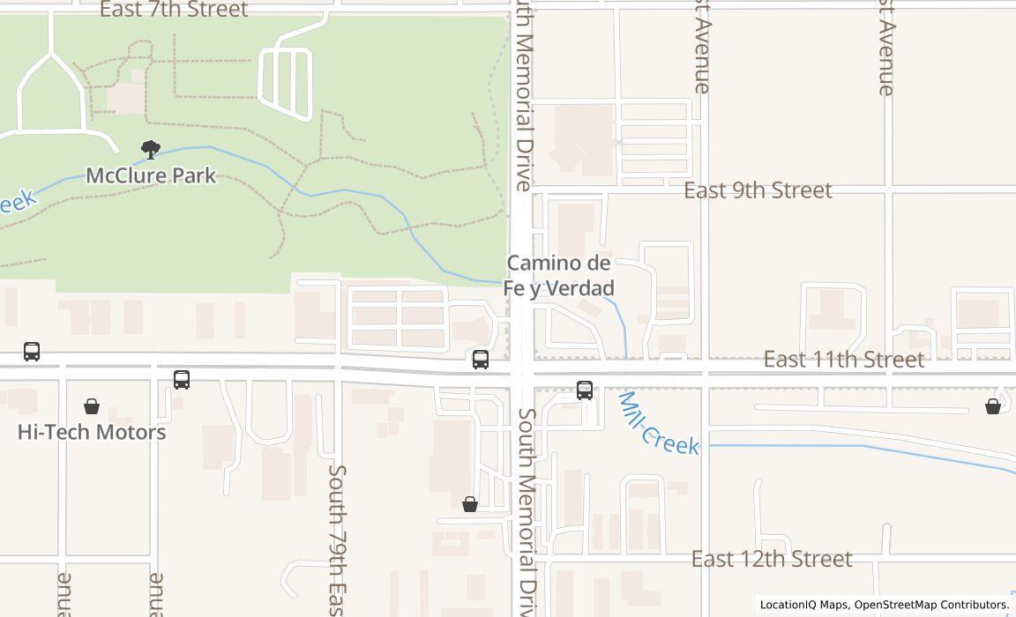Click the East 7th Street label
coord(173,10)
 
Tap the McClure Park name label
coord(151,175)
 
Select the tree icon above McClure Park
coord(151,150)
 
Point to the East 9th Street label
coord(758,190)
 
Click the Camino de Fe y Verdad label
coord(559,275)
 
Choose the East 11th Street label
coord(843,360)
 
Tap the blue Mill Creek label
coord(658,424)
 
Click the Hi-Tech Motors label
coord(92,432)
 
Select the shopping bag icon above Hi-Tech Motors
coord(92,405)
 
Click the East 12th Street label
coord(771,559)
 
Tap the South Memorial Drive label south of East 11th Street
coord(527,511)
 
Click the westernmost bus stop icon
coord(32,352)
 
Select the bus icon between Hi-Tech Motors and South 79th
coord(182,379)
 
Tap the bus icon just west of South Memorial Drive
coord(481,359)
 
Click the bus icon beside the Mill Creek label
coord(585,390)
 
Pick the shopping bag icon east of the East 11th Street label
coord(993,405)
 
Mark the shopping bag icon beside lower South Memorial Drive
coord(470,503)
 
